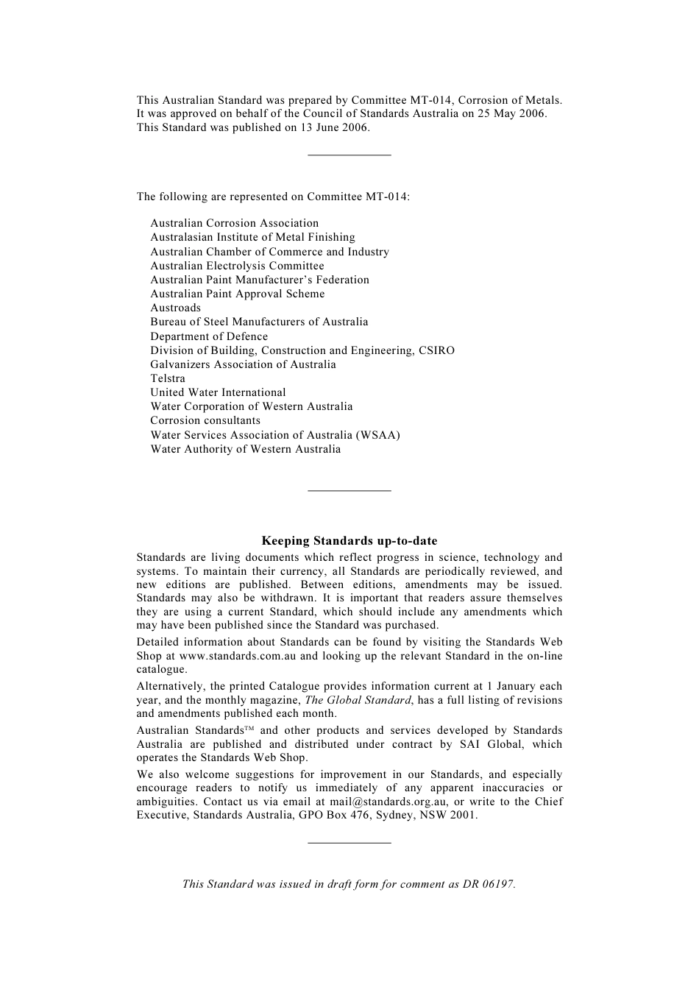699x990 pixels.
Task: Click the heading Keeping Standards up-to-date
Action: [349, 541]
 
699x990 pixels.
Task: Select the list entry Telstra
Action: [168, 378]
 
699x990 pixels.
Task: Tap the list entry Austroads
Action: [175, 308]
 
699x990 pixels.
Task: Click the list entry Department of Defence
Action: [209, 336]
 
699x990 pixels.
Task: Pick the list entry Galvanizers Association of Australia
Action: [243, 364]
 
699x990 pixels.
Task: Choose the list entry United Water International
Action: [218, 392]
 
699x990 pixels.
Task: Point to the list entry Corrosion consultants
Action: [205, 420]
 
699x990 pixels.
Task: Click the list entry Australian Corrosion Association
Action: [234, 223]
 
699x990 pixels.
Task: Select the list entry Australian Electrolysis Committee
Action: [237, 266]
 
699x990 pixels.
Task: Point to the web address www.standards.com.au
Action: [238, 656]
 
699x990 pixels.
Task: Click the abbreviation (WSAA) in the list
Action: [377, 435]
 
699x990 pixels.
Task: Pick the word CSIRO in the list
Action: [436, 350]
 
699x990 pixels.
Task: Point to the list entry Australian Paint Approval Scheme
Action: [237, 294]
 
